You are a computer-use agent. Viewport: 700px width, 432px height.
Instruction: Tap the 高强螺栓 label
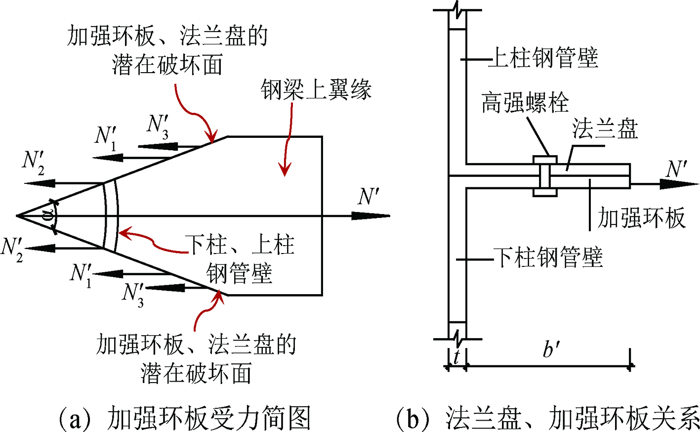525,103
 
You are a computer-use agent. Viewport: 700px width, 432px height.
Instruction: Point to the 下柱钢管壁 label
548,258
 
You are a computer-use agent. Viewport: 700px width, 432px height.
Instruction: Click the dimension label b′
550,349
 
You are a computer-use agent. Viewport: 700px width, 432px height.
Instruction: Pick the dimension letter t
456,356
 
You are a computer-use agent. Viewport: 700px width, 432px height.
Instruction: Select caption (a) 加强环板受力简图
185,418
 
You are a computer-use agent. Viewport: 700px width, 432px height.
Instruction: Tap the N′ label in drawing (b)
676,170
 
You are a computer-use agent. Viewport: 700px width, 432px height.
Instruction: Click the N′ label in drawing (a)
369,197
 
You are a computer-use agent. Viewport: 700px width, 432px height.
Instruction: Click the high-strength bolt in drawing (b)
545,176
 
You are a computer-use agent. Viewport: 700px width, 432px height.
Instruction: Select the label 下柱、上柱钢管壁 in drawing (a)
240,259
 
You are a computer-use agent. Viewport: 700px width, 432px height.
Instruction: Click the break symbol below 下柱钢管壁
458,340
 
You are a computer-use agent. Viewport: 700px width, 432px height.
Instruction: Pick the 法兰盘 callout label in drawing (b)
605,129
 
